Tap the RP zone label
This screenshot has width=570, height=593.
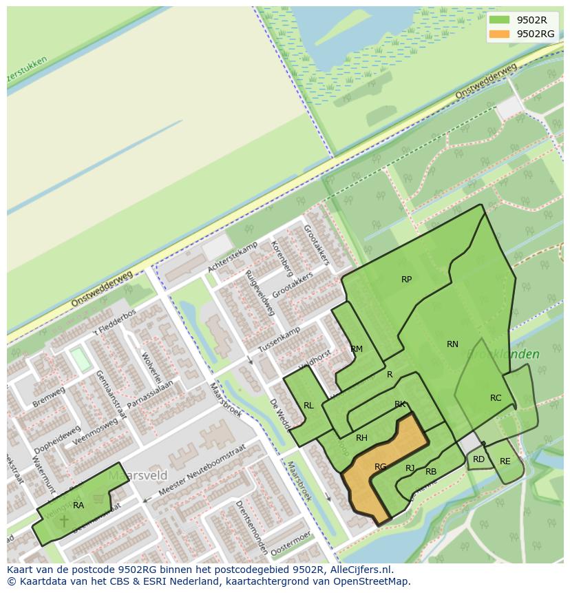coord(406,280)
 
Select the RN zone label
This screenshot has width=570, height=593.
coord(452,344)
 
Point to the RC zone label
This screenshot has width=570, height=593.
coord(496,398)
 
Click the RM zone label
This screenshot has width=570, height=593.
coord(357,349)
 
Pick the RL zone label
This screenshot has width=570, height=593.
coord(308,406)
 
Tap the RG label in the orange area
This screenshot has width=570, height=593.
coord(380,467)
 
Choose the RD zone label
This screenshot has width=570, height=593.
coord(478,459)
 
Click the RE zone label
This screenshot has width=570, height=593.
coord(505,461)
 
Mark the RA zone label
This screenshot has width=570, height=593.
coord(78,506)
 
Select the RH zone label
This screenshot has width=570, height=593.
coord(361,438)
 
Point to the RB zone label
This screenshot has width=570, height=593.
coord(431,472)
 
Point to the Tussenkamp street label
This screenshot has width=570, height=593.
coord(279,337)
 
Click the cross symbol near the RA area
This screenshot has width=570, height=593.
coord(64,521)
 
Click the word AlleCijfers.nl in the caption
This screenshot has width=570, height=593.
coord(360,570)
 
